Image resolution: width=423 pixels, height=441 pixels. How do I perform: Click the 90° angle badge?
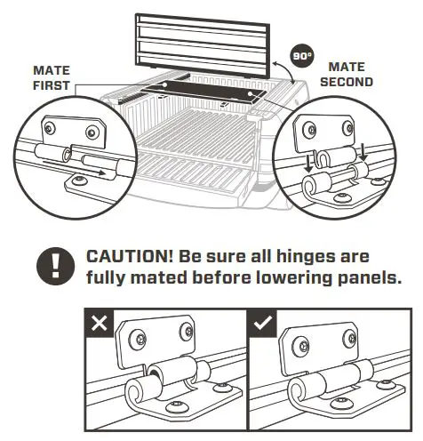pyautogui.click(x=303, y=56)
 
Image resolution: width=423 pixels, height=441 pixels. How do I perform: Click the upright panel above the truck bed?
pyautogui.click(x=204, y=42)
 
